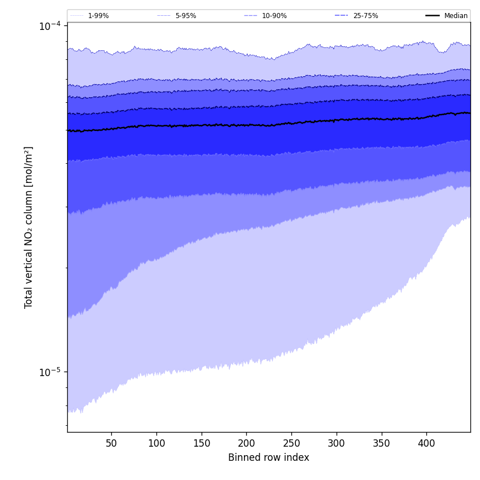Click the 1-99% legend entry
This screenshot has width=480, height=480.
[x=98, y=16]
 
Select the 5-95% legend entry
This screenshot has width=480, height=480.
[x=185, y=16]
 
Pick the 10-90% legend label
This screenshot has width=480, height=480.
[x=274, y=16]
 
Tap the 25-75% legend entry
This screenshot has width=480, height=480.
[x=365, y=16]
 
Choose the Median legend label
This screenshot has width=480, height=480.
[x=456, y=16]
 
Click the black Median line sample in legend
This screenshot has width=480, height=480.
[x=433, y=16]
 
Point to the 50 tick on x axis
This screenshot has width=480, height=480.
[x=111, y=443]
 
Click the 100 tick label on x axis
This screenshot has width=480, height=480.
[x=156, y=443]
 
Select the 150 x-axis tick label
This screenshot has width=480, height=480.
[x=201, y=443]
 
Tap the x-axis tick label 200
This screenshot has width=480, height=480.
[x=246, y=443]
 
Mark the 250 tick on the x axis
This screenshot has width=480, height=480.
[x=291, y=443]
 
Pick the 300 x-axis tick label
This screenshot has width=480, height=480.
[x=337, y=443]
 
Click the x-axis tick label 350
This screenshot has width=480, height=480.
[x=381, y=443]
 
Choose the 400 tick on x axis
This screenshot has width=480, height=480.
[x=426, y=443]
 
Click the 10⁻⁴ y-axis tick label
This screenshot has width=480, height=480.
[x=50, y=26]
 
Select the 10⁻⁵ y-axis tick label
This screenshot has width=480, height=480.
[x=50, y=372]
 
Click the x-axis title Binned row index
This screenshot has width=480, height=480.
[x=269, y=457]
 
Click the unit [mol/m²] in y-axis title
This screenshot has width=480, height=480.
[x=29, y=167]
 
